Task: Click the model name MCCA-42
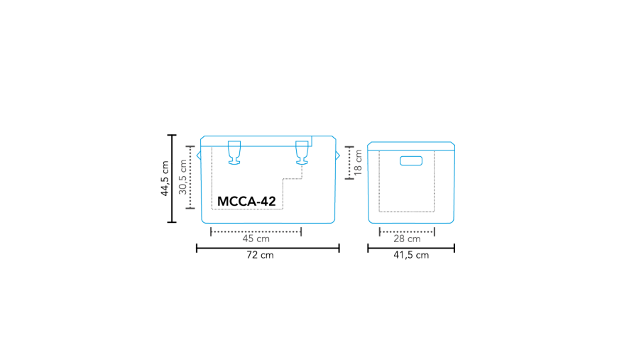tap(246, 202)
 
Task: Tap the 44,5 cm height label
tap(165, 178)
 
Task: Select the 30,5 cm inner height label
tap(182, 177)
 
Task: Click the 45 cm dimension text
tap(256, 239)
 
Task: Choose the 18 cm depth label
tap(359, 163)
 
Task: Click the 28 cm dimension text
tap(407, 239)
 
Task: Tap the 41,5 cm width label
tap(411, 256)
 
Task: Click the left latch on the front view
tap(234, 153)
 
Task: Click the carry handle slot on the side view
tap(411, 160)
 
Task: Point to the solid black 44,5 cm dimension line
tap(171, 178)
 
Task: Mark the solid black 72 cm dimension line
tap(268, 248)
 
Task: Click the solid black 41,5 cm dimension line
tap(411, 248)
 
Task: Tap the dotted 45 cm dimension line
tap(256, 231)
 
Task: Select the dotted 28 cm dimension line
tap(407, 231)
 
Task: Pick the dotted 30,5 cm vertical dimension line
tap(190, 177)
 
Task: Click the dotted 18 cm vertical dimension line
tap(349, 163)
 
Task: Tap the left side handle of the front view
tap(199, 155)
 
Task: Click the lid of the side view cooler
tap(411, 146)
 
